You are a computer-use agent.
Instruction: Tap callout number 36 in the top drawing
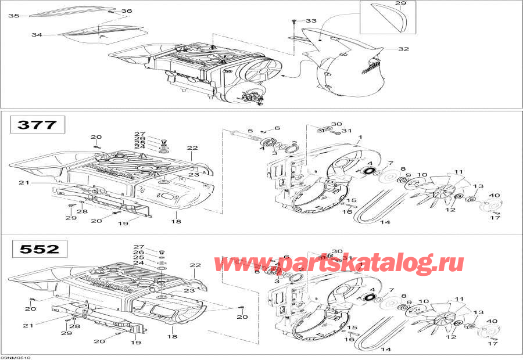pyautogui.click(x=127, y=11)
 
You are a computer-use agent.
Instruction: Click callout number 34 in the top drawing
pyautogui.click(x=37, y=35)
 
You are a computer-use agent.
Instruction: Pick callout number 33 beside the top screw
pyautogui.click(x=311, y=21)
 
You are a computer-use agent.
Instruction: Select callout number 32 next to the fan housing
pyautogui.click(x=403, y=49)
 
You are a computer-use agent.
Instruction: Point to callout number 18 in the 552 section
pyautogui.click(x=172, y=336)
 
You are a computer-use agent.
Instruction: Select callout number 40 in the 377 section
pyautogui.click(x=496, y=195)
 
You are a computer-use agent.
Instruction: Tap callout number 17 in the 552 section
pyautogui.click(x=493, y=344)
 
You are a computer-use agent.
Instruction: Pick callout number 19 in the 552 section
pyautogui.click(x=135, y=343)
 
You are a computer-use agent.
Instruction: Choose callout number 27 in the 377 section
pyautogui.click(x=139, y=134)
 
